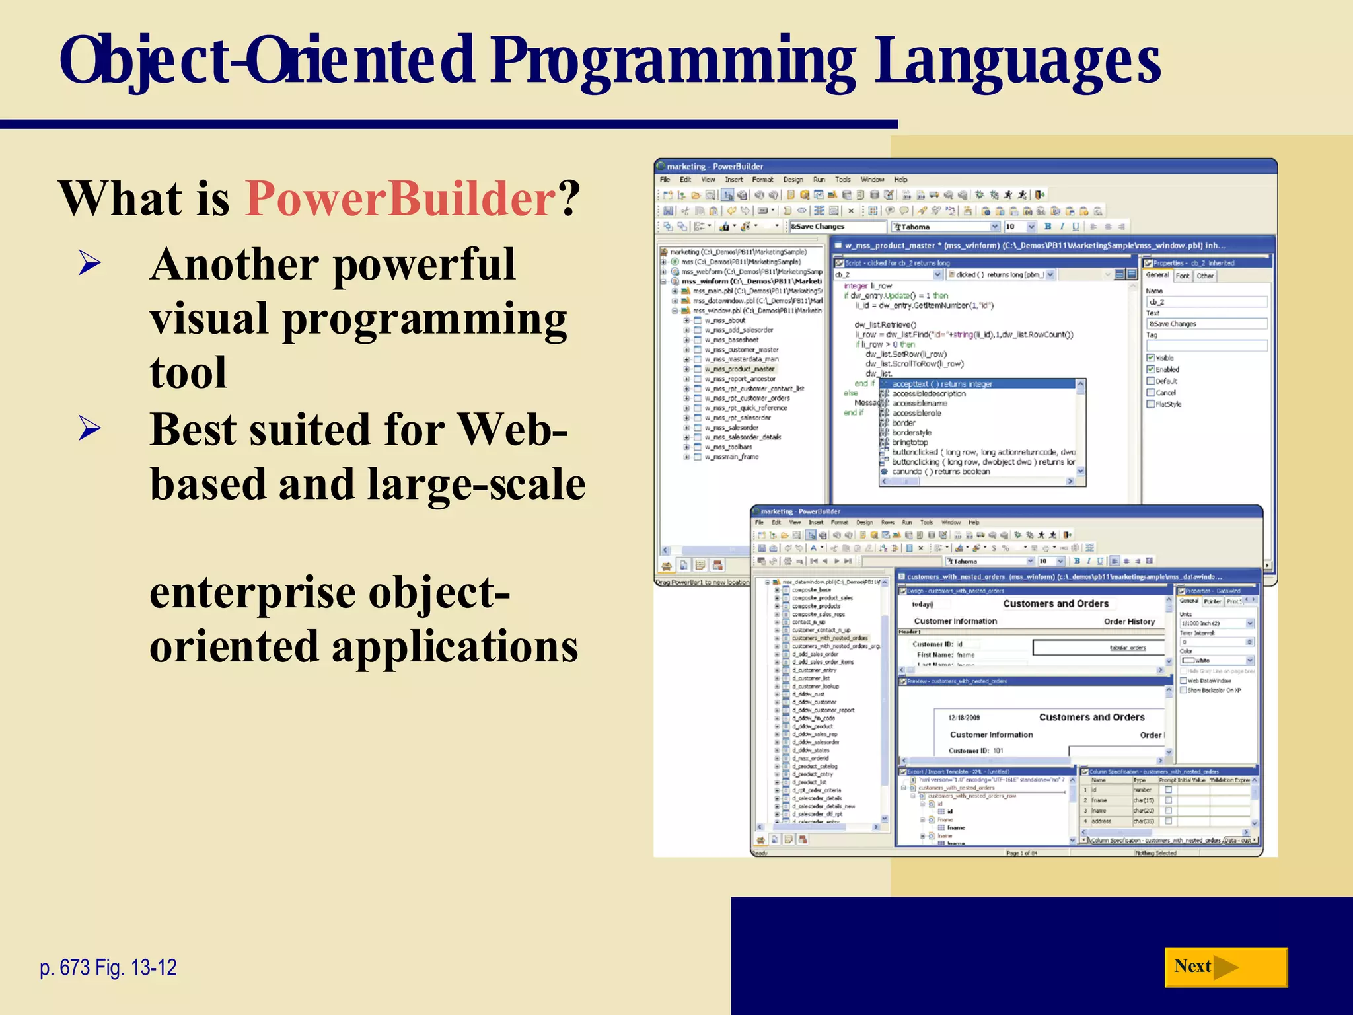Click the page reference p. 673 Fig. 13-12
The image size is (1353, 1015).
(108, 967)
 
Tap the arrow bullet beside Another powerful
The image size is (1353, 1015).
(89, 264)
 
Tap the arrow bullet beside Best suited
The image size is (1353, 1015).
(89, 430)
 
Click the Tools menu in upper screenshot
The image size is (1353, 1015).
(842, 180)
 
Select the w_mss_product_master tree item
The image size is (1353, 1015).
(739, 369)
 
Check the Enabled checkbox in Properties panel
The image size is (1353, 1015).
(1150, 369)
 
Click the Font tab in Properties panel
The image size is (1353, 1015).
(1183, 276)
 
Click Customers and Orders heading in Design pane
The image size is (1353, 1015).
(1055, 603)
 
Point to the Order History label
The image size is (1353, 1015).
(1129, 622)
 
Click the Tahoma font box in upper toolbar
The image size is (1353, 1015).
(941, 227)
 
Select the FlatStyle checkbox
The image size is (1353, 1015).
(1150, 404)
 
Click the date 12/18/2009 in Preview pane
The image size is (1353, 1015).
(964, 718)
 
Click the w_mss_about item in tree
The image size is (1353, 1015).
(725, 320)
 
